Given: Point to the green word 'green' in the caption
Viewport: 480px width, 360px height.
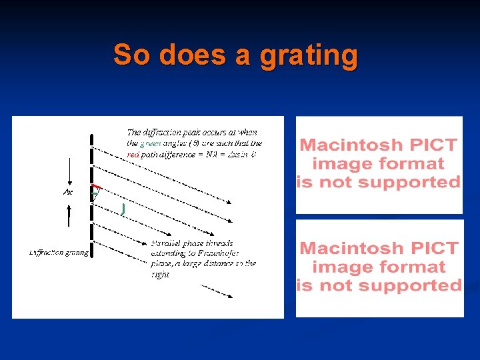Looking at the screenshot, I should (150, 143).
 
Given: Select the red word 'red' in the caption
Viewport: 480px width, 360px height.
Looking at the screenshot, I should (133, 154).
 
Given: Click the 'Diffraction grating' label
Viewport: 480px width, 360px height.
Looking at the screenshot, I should (59, 253).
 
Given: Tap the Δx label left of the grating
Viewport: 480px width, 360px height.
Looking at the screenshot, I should (68, 192).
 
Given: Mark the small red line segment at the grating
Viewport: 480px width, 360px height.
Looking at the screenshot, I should (97, 187).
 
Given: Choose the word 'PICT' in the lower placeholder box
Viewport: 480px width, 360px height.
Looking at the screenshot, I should (433, 248).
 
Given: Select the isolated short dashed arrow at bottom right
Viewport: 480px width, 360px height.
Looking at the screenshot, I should (216, 291).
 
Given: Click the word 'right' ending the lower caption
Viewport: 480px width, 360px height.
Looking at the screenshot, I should (160, 274).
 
